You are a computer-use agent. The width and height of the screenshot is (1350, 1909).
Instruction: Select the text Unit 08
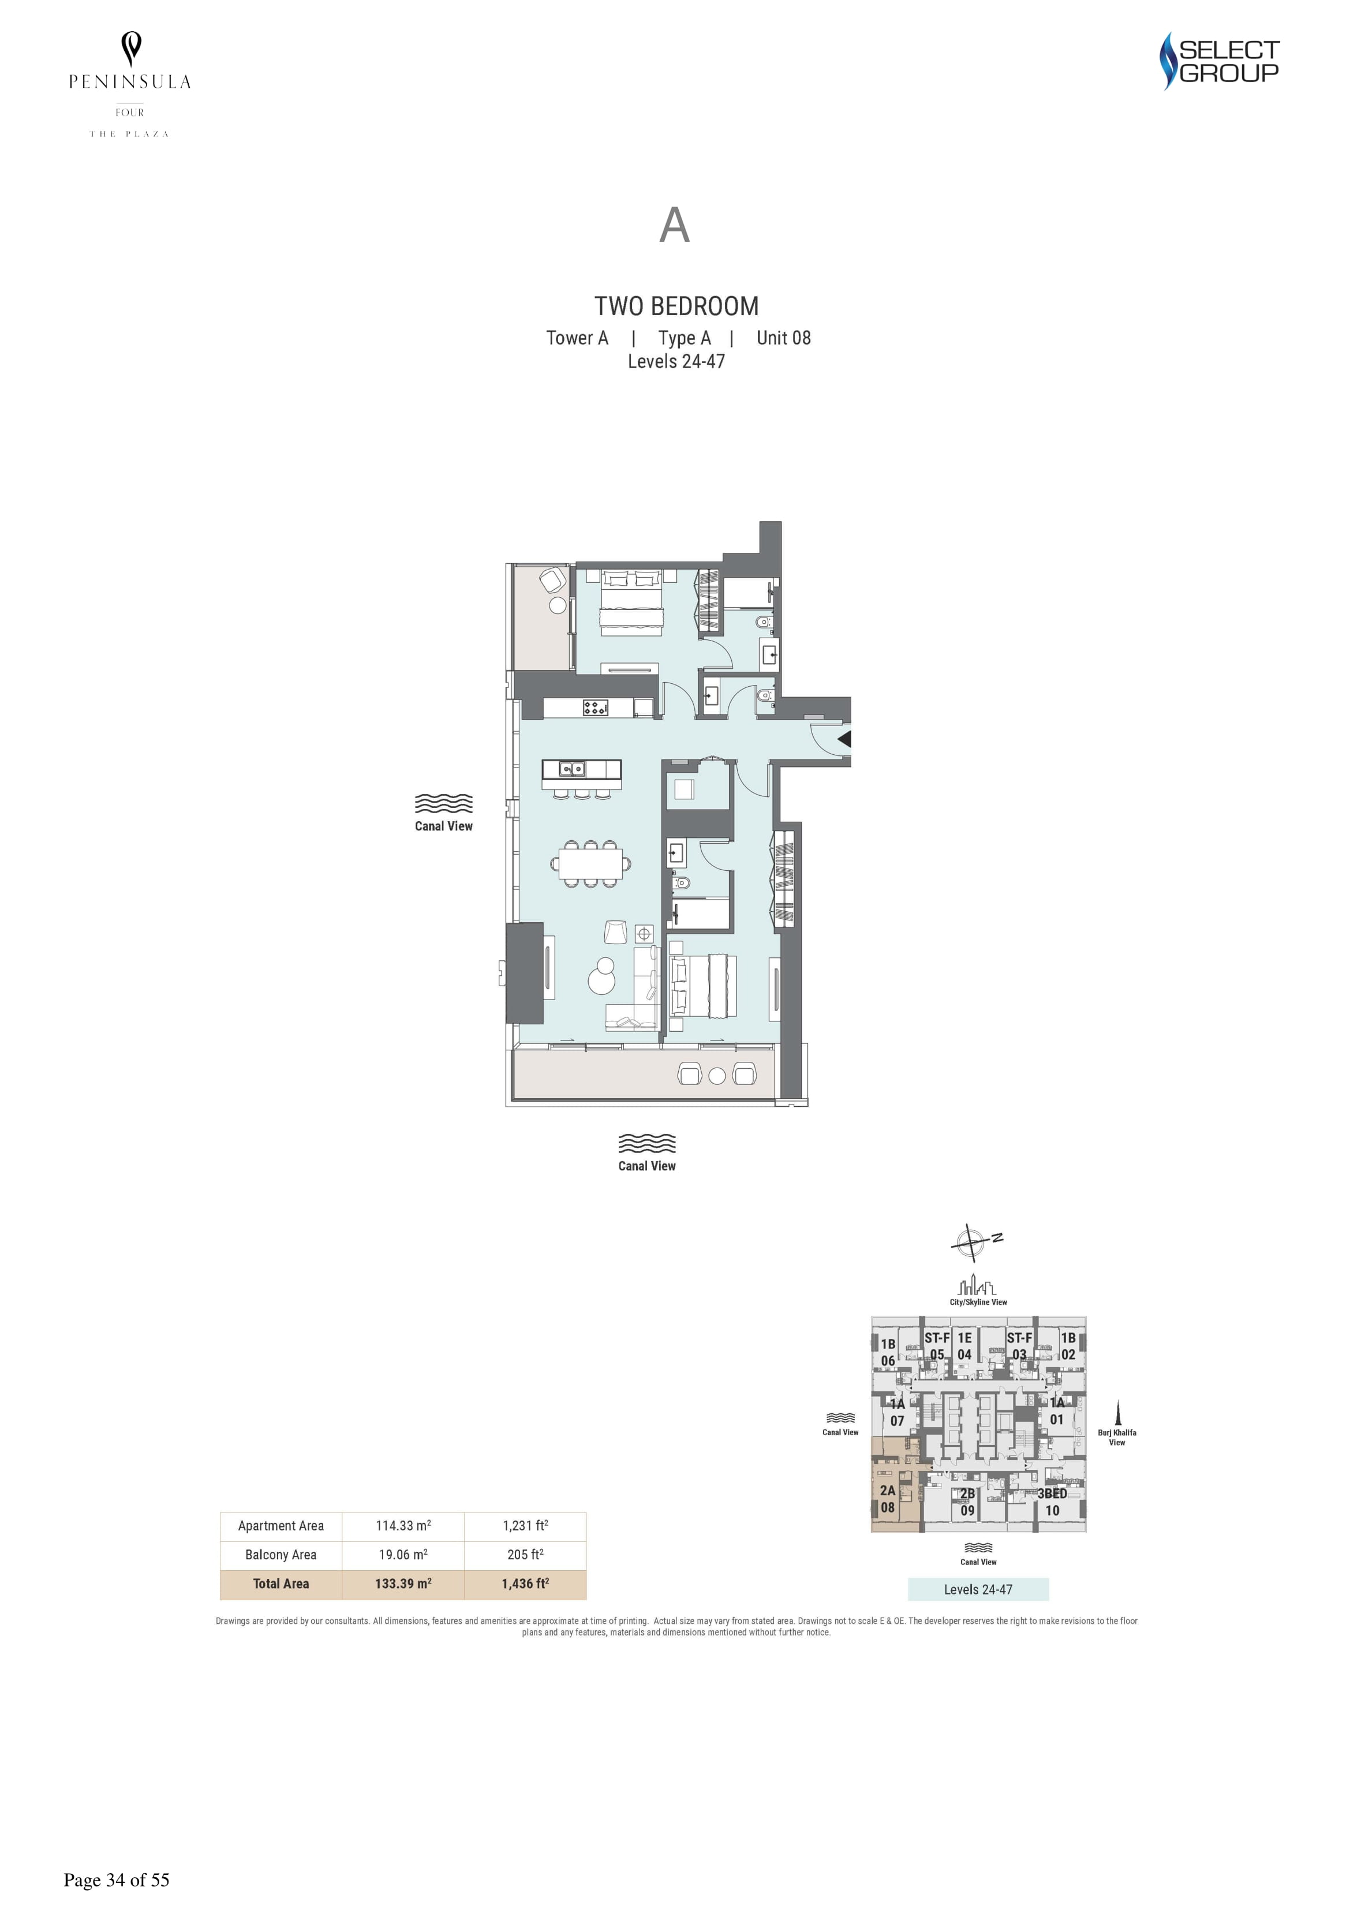pos(784,338)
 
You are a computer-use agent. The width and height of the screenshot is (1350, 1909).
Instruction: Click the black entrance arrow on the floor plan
pos(844,738)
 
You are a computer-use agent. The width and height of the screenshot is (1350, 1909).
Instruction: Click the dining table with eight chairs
pos(590,863)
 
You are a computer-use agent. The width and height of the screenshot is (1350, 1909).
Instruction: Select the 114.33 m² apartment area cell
pos(403,1526)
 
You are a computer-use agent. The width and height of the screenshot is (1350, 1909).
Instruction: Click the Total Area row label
pos(281,1584)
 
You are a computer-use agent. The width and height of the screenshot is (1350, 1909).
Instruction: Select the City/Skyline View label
pos(978,1302)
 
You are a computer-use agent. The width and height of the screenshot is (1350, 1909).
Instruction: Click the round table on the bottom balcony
pos(717,1075)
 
